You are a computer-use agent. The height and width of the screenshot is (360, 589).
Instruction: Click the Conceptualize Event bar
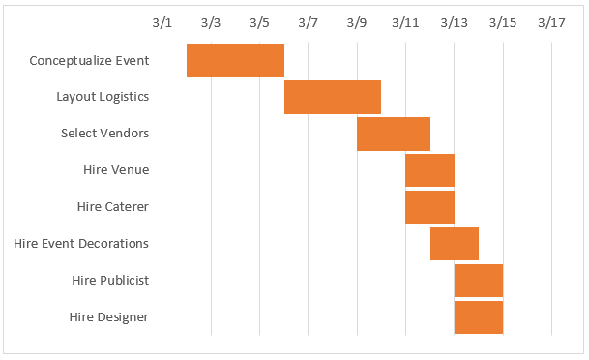point(235,60)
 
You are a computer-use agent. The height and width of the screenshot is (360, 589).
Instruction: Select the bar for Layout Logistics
point(333,97)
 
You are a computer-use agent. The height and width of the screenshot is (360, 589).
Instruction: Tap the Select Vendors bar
point(393,134)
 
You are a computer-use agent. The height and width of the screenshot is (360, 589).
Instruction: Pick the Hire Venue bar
point(429,170)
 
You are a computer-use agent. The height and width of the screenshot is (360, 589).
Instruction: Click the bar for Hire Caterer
point(429,206)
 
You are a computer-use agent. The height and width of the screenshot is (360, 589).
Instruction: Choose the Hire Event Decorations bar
point(454,243)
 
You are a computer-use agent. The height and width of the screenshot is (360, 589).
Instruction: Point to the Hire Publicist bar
point(478,280)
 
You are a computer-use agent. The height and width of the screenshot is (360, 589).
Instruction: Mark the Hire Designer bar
point(478,316)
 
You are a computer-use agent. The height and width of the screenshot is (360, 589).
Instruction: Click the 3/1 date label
point(162,22)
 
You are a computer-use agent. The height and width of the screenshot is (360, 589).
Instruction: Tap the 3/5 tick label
point(259,22)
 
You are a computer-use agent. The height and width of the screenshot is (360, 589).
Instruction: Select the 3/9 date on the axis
point(357,22)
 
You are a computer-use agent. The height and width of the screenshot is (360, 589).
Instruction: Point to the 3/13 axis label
point(454,22)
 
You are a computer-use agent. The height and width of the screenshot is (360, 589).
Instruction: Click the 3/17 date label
point(551,22)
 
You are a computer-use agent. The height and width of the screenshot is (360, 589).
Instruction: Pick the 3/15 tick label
point(503,22)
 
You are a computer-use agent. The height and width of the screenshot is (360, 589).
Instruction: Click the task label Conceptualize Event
point(89,60)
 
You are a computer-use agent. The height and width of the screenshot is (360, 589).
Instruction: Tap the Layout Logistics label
point(103,97)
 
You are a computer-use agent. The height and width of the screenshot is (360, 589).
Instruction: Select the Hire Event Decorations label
point(81,243)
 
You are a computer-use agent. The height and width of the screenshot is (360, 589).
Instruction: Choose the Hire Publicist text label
point(110,280)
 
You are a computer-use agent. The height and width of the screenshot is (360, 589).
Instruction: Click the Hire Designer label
point(109,316)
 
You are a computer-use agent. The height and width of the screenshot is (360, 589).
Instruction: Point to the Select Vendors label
point(104,134)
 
